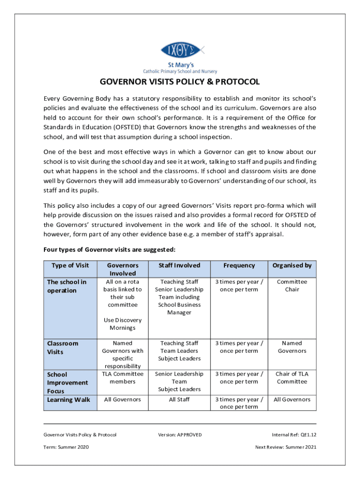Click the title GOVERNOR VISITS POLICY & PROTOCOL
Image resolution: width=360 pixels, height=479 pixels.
(180, 82)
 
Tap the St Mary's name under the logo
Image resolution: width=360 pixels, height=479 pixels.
(180, 65)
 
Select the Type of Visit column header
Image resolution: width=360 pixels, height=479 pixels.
(70, 265)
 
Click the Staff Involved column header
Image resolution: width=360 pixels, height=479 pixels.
(179, 265)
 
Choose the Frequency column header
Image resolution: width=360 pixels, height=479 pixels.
(239, 265)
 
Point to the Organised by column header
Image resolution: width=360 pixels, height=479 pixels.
(292, 265)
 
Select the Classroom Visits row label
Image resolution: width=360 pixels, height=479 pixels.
(63, 347)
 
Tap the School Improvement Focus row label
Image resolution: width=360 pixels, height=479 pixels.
(67, 382)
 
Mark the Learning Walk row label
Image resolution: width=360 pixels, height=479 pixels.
(69, 399)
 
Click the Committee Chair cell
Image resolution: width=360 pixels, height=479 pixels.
(292, 285)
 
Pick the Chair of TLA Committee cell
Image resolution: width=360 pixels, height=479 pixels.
(292, 377)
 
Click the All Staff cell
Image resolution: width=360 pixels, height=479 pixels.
(179, 399)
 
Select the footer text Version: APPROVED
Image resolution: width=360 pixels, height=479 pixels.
(180, 435)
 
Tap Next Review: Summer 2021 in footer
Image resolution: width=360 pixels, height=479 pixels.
(286, 447)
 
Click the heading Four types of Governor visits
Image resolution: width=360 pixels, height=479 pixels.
(109, 249)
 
